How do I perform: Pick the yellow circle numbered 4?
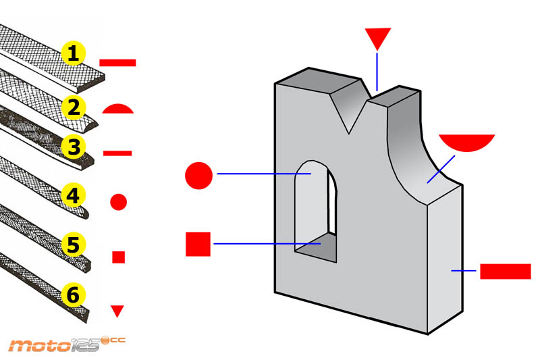click(74, 197)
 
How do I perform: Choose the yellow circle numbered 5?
click(74, 245)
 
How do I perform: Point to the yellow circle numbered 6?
click(74, 295)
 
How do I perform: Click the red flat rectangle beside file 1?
click(117, 63)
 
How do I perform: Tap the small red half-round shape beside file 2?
click(119, 109)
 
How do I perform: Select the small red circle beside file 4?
click(119, 201)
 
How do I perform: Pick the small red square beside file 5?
click(119, 257)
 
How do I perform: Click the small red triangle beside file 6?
click(118, 311)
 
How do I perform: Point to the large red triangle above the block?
click(377, 38)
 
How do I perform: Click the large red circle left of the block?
click(198, 176)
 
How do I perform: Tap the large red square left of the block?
click(198, 244)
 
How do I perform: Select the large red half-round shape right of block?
click(466, 142)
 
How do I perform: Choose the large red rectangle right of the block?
click(505, 271)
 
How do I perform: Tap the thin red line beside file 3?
click(117, 153)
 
